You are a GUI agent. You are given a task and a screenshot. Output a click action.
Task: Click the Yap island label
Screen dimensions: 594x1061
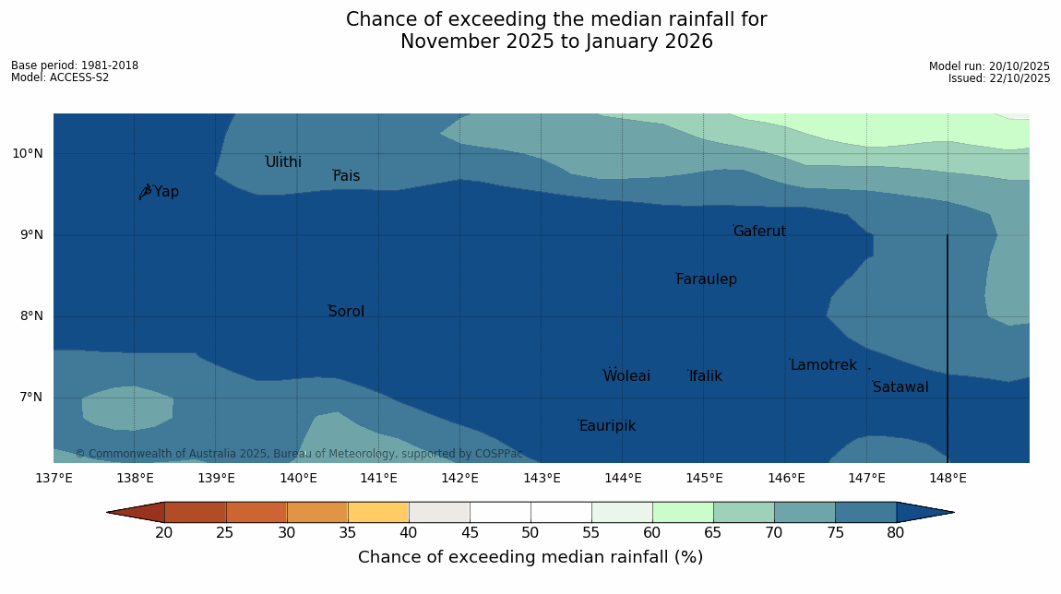click(166, 192)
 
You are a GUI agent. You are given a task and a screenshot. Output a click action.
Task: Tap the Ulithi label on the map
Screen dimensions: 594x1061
click(283, 162)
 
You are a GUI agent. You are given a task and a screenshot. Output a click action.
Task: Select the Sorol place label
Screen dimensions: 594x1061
click(346, 312)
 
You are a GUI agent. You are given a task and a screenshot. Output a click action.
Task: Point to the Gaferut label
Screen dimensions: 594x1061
click(759, 232)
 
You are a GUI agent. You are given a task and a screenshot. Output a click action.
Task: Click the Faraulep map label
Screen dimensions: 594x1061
click(706, 279)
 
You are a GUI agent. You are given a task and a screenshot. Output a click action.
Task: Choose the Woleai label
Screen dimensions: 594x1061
click(626, 376)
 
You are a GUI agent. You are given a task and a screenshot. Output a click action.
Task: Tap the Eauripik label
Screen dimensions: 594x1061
click(607, 426)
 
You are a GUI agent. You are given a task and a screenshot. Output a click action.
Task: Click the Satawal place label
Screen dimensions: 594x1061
click(900, 387)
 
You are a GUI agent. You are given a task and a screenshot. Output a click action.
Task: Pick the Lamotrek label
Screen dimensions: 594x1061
click(823, 365)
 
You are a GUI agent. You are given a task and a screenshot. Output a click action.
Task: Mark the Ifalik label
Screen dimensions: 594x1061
click(705, 376)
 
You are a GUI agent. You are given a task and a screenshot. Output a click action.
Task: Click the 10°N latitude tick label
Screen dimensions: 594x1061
click(28, 153)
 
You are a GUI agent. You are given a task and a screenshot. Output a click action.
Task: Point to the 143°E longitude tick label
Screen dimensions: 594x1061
click(542, 478)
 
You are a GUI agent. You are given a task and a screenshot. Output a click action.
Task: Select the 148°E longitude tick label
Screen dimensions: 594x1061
click(948, 478)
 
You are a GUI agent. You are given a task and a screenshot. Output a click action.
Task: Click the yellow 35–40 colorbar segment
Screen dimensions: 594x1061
click(378, 513)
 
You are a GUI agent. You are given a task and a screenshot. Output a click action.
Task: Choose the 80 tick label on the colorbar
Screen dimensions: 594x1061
click(896, 533)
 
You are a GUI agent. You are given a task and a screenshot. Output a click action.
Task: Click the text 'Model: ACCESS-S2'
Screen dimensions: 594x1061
click(60, 77)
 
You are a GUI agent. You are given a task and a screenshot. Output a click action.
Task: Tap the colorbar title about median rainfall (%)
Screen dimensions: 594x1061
click(530, 557)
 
